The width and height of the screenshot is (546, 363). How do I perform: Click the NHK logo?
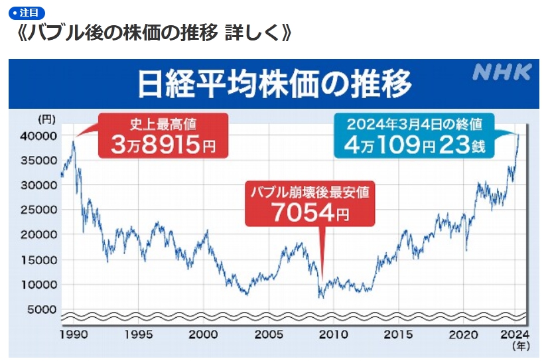pyautogui.click(x=502, y=73)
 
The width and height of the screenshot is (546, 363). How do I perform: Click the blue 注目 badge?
pyautogui.click(x=27, y=13)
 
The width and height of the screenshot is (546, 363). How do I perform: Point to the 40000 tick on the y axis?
pyautogui.click(x=41, y=135)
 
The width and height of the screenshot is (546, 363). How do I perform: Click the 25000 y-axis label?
pyautogui.click(x=41, y=210)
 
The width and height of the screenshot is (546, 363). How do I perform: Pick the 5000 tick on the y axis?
pyautogui.click(x=44, y=309)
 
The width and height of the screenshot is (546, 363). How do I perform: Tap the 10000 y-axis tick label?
pyautogui.click(x=41, y=285)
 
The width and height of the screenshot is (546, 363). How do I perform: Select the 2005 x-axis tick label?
pyautogui.click(x=268, y=334)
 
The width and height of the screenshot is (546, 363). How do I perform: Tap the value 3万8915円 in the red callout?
pyautogui.click(x=163, y=145)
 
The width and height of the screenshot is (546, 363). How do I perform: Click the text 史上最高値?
pyautogui.click(x=163, y=124)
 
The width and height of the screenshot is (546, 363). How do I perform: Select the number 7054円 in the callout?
pyautogui.click(x=308, y=213)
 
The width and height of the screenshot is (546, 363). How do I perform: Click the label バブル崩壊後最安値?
pyautogui.click(x=309, y=192)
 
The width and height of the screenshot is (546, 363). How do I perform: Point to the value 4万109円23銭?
pyautogui.click(x=415, y=144)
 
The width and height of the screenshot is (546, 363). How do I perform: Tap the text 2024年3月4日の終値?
pyautogui.click(x=415, y=124)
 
